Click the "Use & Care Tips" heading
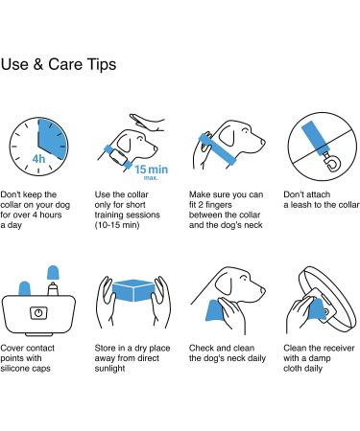pos(59,64)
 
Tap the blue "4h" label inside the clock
pos(38,159)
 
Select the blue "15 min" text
pos(151,170)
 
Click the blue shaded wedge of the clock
pos(53,139)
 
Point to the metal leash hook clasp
pos(332,162)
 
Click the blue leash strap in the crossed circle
pos(315,138)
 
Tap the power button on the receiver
pos(38,313)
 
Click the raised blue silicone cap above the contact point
pos(53,272)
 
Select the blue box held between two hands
pos(133,290)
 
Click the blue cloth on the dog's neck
pos(215,310)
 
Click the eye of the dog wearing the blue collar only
pos(246,131)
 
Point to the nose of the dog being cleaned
pos(263,290)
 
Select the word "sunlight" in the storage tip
pos(109,369)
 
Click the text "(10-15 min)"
pos(117,225)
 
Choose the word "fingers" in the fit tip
pos(219,205)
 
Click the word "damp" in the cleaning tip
pos(319,358)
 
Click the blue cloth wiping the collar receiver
pos(317,309)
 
